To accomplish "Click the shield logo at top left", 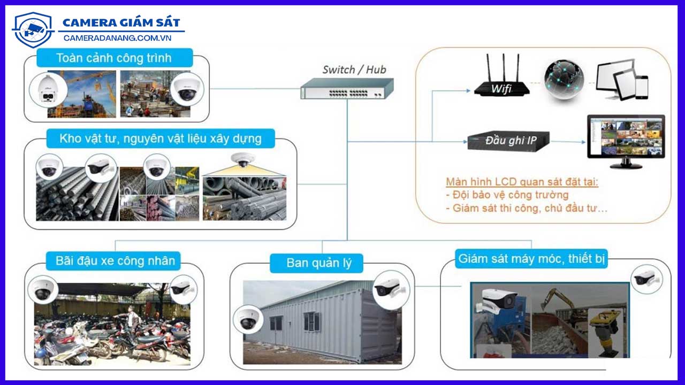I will point(33,30).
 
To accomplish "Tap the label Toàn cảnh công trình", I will point(115,58).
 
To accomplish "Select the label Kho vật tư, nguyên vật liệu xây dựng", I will point(161,139).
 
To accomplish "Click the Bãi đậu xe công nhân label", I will point(115,261).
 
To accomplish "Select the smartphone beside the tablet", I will point(642,87).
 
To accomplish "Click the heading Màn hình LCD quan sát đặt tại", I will point(522,182).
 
